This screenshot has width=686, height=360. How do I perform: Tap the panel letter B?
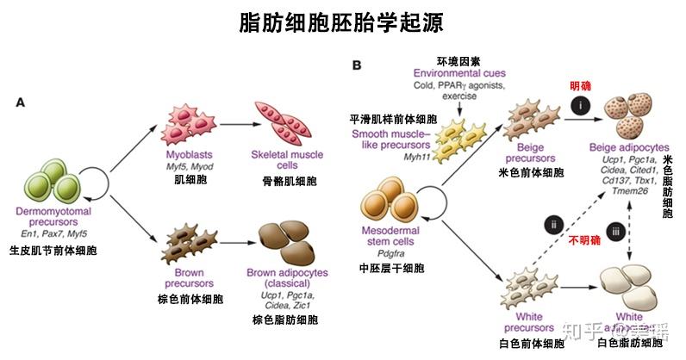[356, 65]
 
